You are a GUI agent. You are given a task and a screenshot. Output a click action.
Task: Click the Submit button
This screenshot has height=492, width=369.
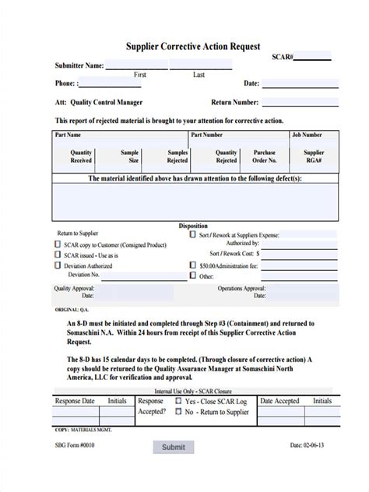(174, 469)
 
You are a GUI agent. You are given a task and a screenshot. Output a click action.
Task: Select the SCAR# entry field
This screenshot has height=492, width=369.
(312, 58)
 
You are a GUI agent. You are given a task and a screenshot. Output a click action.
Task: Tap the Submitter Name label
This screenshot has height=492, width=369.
(79, 65)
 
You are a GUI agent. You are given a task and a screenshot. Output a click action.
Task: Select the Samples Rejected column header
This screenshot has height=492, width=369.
(177, 156)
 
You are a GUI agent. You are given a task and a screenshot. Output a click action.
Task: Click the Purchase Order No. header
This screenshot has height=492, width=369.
(264, 156)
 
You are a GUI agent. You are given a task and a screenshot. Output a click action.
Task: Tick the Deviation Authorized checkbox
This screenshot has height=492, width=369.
(57, 265)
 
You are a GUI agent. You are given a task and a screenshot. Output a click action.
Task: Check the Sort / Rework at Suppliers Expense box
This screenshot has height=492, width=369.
(192, 234)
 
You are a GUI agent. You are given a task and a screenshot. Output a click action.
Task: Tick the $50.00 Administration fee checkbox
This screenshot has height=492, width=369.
(192, 265)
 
